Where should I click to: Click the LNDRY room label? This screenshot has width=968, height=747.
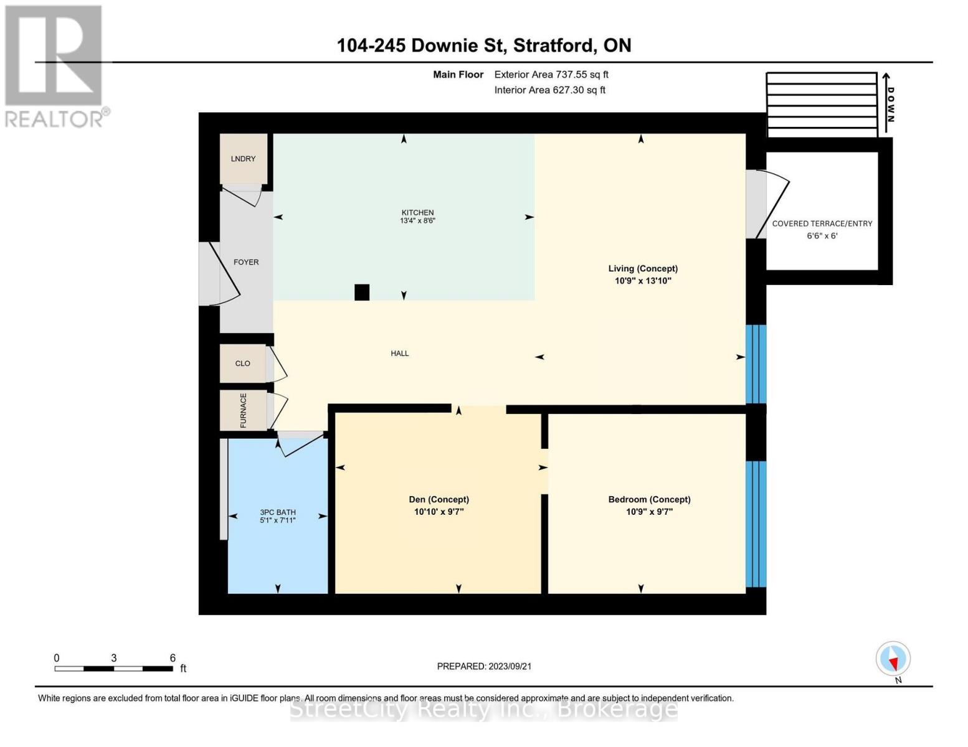coord(243,159)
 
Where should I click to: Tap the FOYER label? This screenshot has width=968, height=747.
coord(246,262)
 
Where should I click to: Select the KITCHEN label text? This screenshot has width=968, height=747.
coord(417,213)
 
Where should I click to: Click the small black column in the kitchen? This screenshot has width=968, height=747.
coord(362,293)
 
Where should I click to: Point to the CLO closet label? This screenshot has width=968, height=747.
coord(243,364)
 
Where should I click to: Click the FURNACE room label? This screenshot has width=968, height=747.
coord(243,410)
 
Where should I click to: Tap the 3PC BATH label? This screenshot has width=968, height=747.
coord(278,512)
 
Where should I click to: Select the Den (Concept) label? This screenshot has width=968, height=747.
coord(439,499)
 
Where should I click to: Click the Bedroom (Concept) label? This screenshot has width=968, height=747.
coord(649,499)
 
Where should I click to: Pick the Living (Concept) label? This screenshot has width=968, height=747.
coord(643,268)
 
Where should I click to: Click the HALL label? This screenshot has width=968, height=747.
coord(399,354)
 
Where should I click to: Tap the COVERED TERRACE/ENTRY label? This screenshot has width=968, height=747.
coord(822,224)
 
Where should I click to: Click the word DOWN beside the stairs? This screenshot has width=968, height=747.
coord(890,105)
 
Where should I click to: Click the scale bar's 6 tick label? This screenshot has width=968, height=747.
coord(173,658)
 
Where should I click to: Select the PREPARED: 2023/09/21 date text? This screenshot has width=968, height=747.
coord(484,667)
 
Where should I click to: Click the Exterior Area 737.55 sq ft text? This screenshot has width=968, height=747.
coord(551,75)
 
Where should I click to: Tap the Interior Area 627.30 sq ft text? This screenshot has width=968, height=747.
coord(549,90)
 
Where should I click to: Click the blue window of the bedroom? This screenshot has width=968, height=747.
coord(756,524)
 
